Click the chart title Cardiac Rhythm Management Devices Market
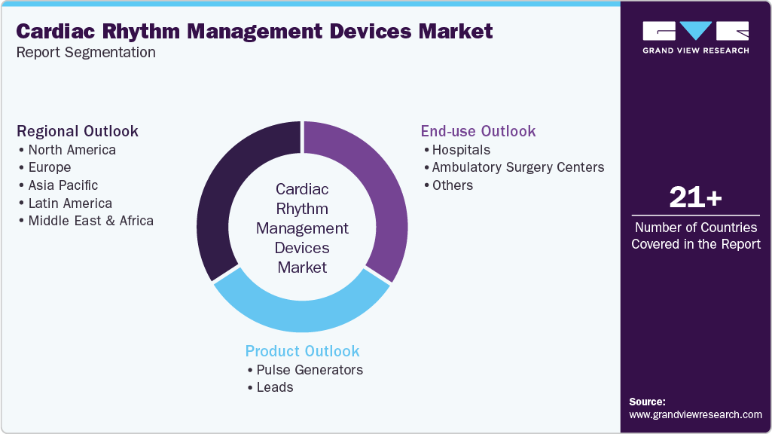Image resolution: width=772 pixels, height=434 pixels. coord(255,32)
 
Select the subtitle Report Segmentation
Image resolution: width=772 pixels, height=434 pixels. coord(86,53)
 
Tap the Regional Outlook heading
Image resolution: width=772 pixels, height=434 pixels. coord(78,131)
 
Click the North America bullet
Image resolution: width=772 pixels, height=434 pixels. coord(72,149)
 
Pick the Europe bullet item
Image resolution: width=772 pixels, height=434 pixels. coord(49,167)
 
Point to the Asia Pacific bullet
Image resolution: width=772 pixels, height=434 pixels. coord(63,185)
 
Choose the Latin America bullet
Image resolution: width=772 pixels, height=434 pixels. coord(69,203)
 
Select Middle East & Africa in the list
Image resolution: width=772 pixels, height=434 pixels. coord(90,221)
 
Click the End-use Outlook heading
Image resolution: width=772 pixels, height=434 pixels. coord(478,131)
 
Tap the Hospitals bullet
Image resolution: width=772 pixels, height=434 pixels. coord(460,149)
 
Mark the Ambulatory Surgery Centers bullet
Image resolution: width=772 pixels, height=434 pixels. coord(517,167)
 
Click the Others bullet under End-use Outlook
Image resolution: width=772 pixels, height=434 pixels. coord(452,185)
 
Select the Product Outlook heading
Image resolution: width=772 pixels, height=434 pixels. coord(303,351)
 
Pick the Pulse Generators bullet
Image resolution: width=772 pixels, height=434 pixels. coord(309,370)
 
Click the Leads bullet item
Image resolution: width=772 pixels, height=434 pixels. coord(274,387)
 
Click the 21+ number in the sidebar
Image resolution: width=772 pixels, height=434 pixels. coord(695,198)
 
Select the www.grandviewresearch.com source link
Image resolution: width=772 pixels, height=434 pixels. coord(695,414)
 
